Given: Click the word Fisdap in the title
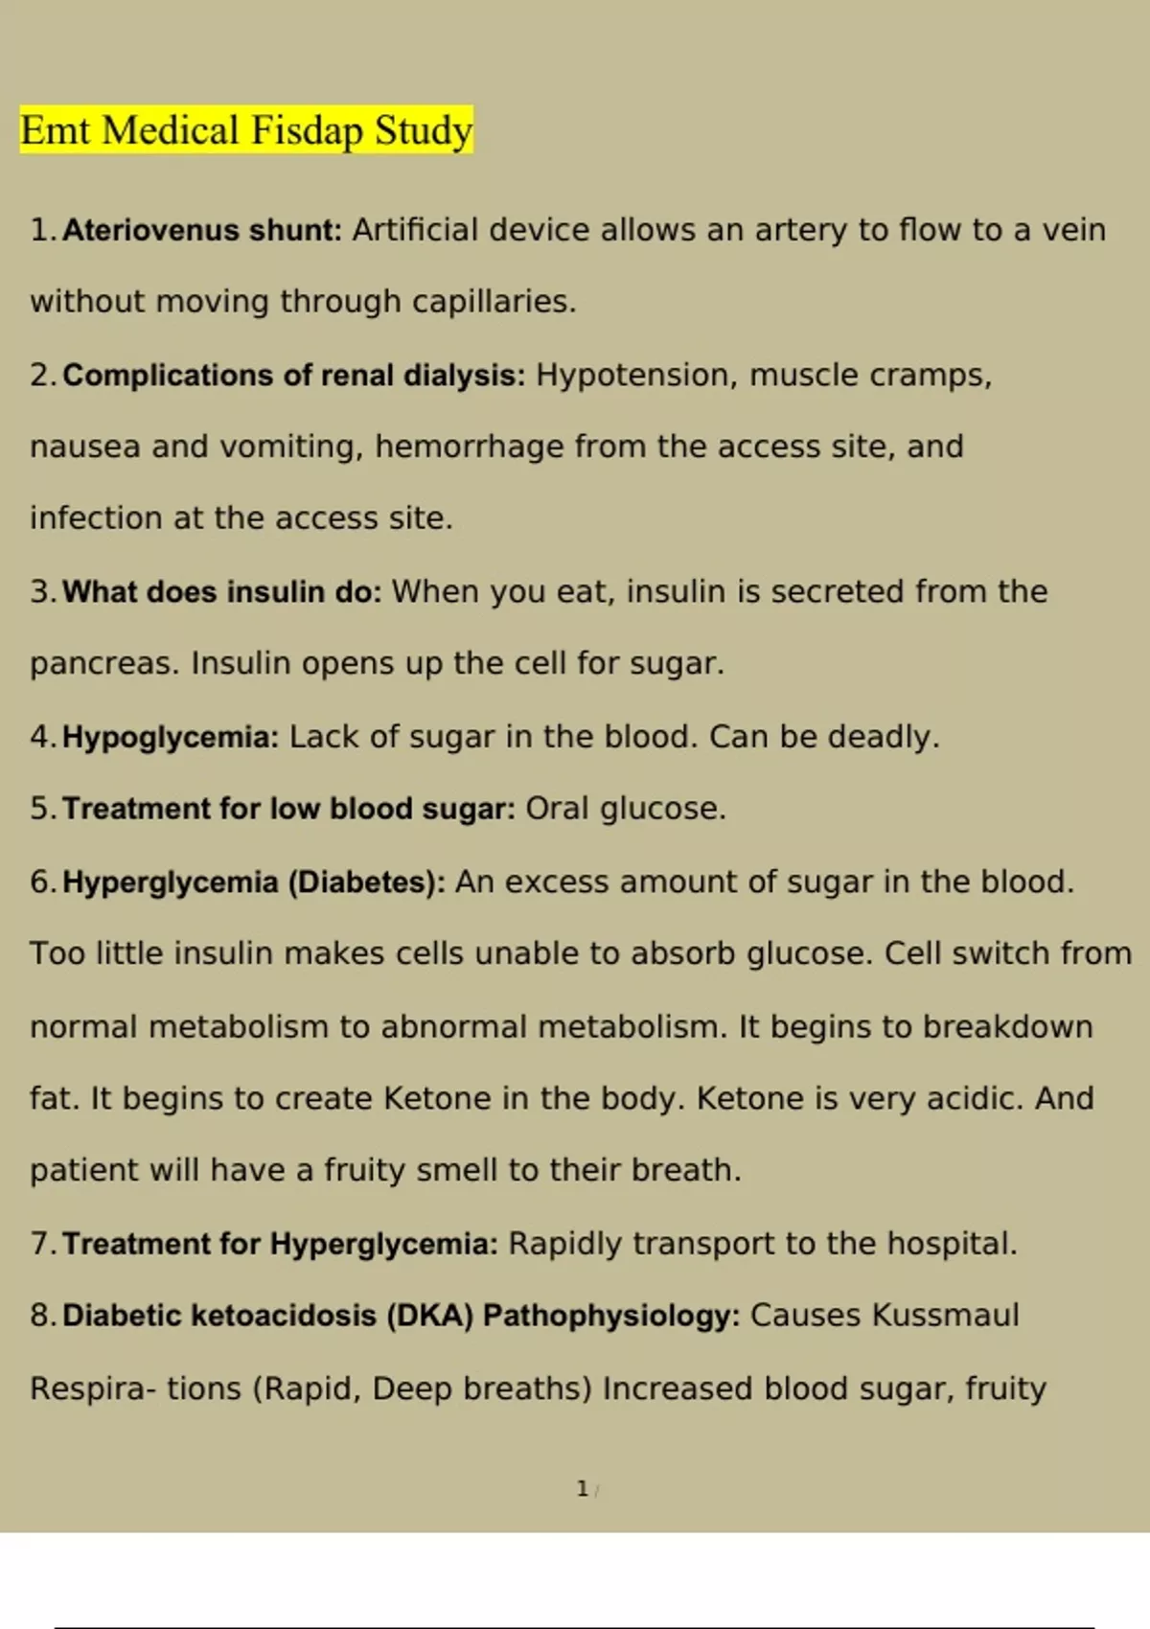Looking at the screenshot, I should [x=307, y=131].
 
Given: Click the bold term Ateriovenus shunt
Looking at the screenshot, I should [x=201, y=230].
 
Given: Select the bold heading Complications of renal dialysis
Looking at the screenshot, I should [x=293, y=375].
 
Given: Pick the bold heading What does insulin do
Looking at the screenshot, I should [x=221, y=591].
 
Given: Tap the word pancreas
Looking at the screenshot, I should [x=103, y=663].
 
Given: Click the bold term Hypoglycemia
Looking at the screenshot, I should [x=170, y=737].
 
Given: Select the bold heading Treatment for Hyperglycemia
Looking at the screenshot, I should [x=280, y=1244].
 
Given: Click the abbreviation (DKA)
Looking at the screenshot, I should [x=429, y=1316].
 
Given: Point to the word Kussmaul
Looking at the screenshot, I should [x=945, y=1316].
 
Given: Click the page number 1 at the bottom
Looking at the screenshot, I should [x=582, y=1489].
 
